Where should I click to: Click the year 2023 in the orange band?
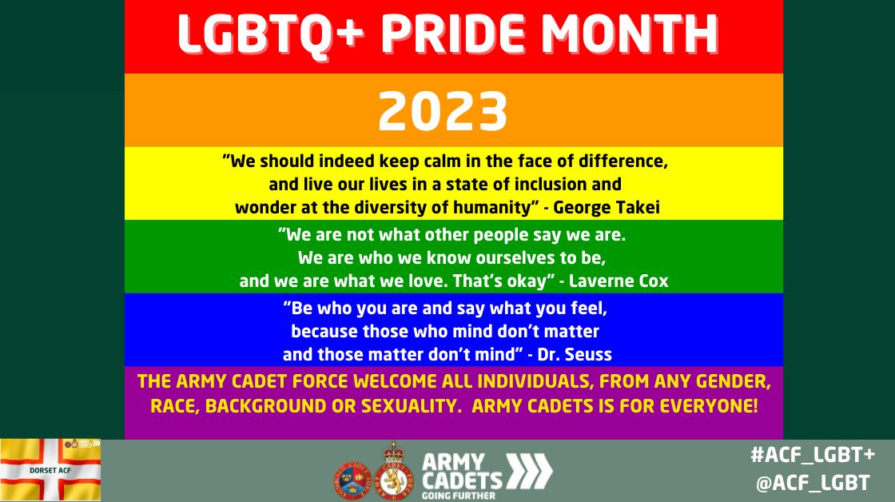[443, 112]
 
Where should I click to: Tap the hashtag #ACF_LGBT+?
[813, 454]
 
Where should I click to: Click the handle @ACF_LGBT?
[813, 483]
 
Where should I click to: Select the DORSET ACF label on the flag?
[50, 470]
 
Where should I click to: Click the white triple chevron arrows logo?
[530, 470]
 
